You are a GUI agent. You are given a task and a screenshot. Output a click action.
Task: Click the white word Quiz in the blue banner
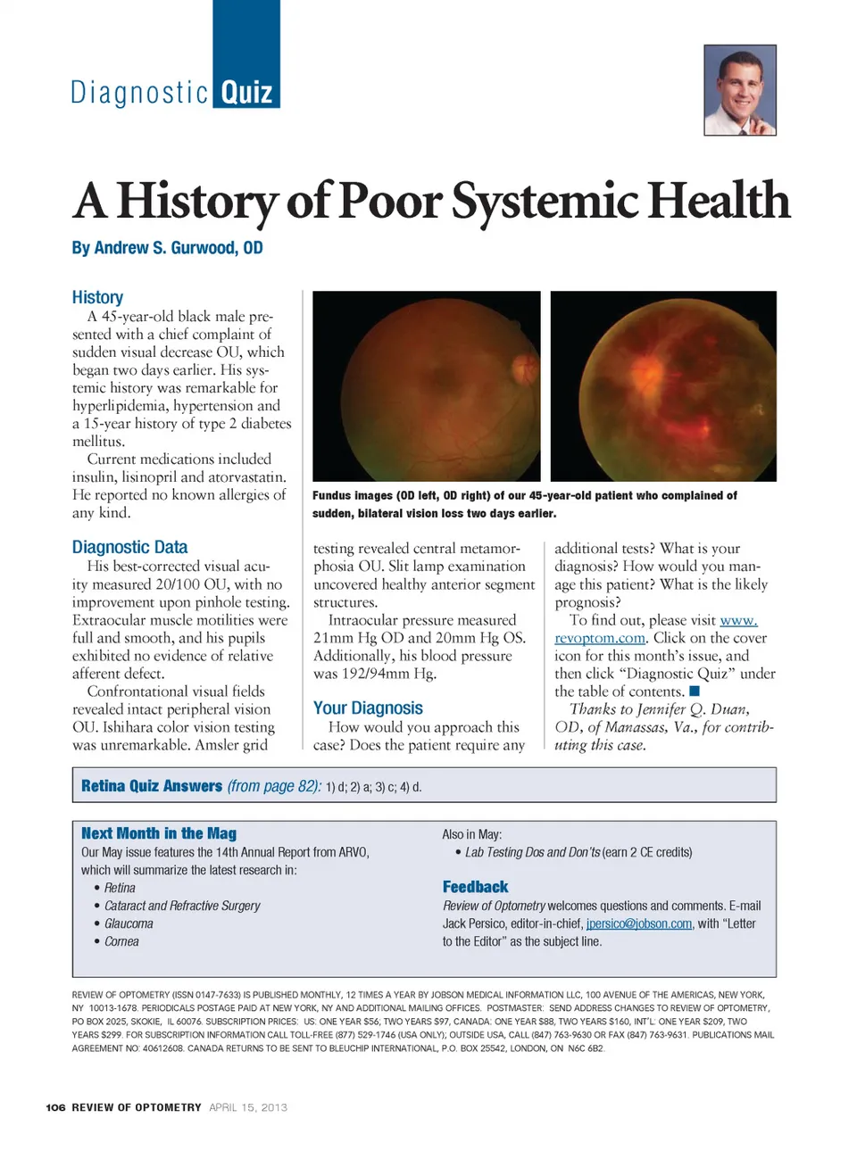point(246,93)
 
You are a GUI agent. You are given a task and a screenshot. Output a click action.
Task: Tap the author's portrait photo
point(739,90)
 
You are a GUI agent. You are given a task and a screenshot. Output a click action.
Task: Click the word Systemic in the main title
point(544,201)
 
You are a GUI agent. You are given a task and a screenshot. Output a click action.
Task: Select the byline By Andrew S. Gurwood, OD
point(167,248)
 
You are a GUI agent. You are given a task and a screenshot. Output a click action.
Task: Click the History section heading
point(97,297)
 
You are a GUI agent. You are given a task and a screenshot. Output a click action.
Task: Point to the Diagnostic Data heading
point(129,547)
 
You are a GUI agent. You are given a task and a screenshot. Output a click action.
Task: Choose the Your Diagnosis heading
point(368,708)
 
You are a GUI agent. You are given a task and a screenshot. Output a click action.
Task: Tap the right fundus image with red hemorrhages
point(663,386)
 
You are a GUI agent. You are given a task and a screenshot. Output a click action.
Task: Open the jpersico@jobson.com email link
point(638,923)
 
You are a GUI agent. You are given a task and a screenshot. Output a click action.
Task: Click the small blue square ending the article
point(695,691)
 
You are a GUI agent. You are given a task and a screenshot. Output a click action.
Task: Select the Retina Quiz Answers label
point(151,786)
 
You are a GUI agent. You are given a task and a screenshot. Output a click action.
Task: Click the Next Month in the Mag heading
point(159,833)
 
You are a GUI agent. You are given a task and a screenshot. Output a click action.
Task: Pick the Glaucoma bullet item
point(129,923)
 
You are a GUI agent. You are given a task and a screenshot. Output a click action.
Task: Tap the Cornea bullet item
point(121,941)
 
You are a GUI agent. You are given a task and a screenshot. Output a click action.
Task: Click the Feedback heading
point(475,887)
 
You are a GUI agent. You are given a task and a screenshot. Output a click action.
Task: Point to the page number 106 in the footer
point(55,1107)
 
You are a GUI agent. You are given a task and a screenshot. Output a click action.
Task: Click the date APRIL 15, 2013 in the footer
point(248,1107)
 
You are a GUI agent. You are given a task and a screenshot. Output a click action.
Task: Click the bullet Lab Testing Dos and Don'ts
point(532,852)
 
